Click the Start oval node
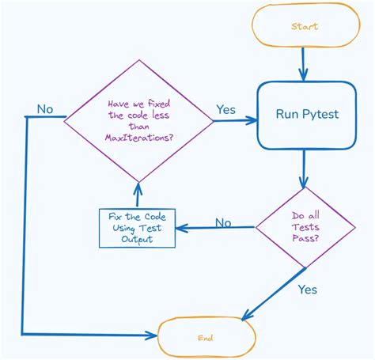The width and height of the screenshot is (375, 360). [x=304, y=27]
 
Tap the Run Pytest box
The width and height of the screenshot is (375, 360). [x=306, y=115]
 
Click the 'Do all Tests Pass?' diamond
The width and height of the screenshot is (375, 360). [x=305, y=228]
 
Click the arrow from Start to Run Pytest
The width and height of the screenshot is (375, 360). [x=304, y=63]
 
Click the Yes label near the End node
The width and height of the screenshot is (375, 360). [x=307, y=290]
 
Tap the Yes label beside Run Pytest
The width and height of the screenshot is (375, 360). [x=225, y=110]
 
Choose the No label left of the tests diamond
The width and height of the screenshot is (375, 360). [x=223, y=222]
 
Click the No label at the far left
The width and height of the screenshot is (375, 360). [x=45, y=108]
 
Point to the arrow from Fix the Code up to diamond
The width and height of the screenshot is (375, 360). [x=138, y=195]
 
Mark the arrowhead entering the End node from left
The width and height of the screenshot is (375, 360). [x=153, y=335]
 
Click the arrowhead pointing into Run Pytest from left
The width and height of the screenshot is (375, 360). [x=253, y=120]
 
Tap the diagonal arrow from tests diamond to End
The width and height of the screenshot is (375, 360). [x=273, y=295]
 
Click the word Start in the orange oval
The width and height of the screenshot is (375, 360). [x=304, y=27]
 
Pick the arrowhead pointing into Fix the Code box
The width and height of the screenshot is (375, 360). [x=178, y=229]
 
